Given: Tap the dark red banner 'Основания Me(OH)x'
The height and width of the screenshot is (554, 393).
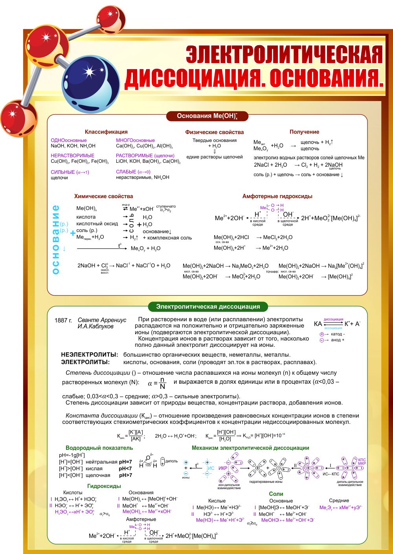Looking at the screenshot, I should tap(207, 116).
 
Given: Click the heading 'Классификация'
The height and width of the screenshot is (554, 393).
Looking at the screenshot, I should tap(106, 132).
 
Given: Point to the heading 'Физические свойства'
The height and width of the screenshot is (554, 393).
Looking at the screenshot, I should tap(215, 133).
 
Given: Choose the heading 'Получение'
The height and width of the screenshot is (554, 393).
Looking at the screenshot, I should tap(304, 132).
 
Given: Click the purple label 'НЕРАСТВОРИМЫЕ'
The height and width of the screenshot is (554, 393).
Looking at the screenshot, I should tap(72, 156).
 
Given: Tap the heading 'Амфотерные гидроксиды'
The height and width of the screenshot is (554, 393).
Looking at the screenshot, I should tap(277, 196).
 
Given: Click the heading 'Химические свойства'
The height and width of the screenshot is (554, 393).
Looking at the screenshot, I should tap(103, 196).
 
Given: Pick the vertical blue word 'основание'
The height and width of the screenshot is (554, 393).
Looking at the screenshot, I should tap(55, 239).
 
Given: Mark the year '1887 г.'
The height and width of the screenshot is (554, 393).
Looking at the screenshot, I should tap(63, 320).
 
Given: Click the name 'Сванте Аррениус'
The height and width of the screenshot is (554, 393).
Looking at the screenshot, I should tap(102, 320).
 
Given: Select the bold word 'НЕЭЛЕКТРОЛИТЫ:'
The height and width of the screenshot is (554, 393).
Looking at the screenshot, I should tap(90, 355).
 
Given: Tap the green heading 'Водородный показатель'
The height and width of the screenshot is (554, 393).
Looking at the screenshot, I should tap(99, 448).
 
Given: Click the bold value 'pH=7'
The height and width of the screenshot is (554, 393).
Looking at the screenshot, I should tap(125, 462).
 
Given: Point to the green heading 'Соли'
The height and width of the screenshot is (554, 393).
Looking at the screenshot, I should tap(276, 494).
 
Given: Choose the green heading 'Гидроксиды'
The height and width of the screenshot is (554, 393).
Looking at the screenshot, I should tap(104, 486).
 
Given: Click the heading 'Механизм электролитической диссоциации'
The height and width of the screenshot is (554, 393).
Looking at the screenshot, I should tap(250, 448).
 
